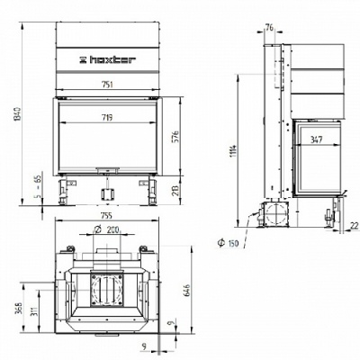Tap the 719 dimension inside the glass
107,118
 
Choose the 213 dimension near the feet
176,190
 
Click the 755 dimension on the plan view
106,216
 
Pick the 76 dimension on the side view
269,28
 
